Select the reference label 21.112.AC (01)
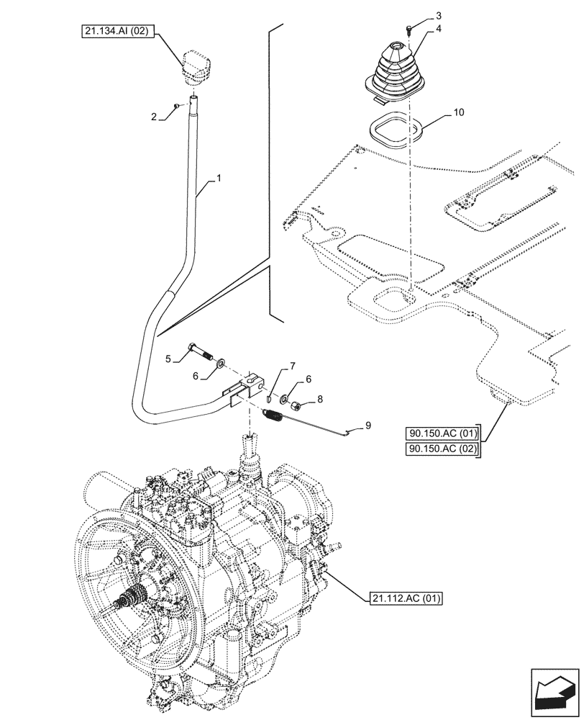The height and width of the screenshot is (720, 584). click(x=406, y=597)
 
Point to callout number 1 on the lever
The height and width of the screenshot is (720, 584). click(x=218, y=177)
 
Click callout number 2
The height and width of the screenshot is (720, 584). click(x=153, y=115)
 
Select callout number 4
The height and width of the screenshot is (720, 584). click(x=437, y=30)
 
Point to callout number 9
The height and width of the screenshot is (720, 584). click(x=368, y=426)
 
